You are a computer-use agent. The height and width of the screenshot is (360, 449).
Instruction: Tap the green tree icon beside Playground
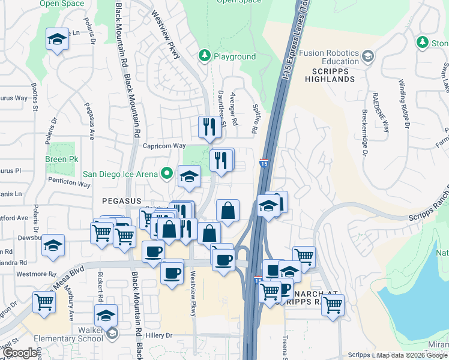pyautogui.click(x=205, y=56)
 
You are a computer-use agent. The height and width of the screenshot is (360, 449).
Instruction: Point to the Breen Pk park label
pyautogui.click(x=62, y=159)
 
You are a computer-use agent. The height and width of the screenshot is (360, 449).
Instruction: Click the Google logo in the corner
pyautogui.click(x=20, y=353)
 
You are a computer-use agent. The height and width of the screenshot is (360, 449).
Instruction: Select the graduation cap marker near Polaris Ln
pyautogui.click(x=57, y=40)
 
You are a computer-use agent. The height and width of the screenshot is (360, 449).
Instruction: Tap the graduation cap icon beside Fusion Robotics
pyautogui.click(x=367, y=56)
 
